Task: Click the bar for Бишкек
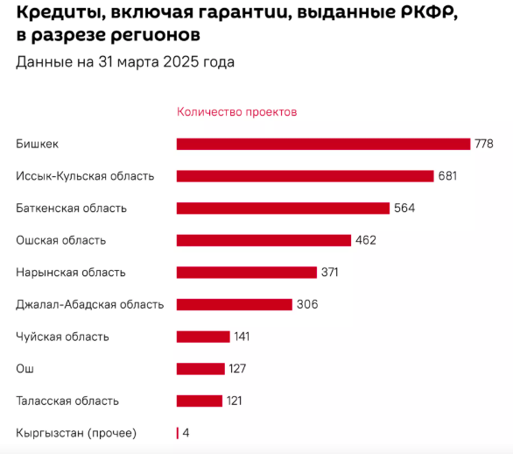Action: [x=323, y=144]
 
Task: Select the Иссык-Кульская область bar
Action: [x=305, y=176]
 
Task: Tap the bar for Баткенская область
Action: [x=283, y=209]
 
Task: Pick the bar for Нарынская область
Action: [x=247, y=273]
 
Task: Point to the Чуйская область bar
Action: [x=203, y=337]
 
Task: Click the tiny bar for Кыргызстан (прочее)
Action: [x=178, y=433]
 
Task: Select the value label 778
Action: [x=484, y=144]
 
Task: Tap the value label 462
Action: [x=366, y=240]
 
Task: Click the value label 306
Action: [x=307, y=304]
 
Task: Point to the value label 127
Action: [x=237, y=368]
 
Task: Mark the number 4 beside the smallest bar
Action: [x=186, y=433]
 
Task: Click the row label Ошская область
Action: [x=61, y=240]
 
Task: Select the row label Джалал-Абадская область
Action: [x=89, y=305]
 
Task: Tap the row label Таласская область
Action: [x=67, y=401]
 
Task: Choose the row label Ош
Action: [x=25, y=369]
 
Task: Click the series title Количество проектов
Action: [x=237, y=112]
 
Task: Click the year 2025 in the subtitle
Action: [x=181, y=62]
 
